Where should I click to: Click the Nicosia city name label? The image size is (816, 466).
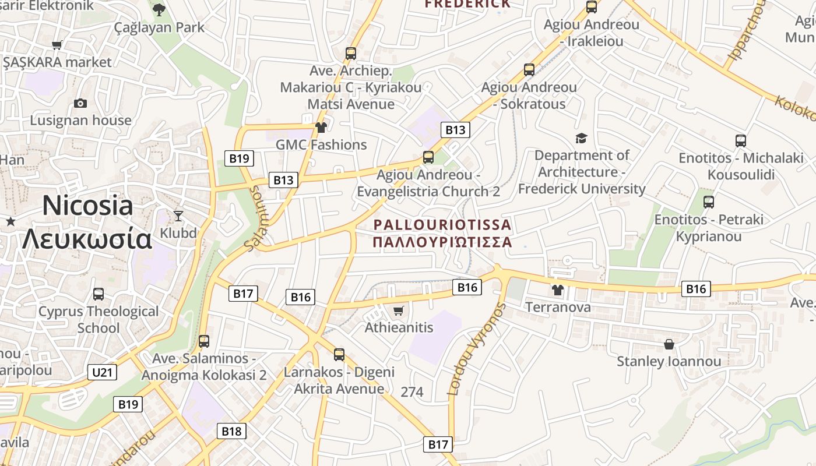[x=87, y=222]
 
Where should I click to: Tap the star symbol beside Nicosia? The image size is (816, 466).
[x=10, y=221]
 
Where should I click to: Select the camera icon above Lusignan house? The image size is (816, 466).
[x=80, y=103]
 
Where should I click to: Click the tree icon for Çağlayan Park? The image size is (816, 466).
[x=159, y=9]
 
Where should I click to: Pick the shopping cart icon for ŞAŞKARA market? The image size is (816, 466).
[x=57, y=45]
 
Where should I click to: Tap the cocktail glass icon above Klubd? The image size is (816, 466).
[x=178, y=216]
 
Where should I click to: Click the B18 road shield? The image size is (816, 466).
[x=231, y=431]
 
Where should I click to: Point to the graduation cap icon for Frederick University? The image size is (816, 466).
[x=581, y=138]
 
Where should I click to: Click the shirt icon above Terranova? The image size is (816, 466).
[x=558, y=290]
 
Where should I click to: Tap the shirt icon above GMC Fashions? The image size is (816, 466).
[x=321, y=128]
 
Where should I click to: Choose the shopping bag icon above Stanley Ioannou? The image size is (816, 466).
[x=669, y=344]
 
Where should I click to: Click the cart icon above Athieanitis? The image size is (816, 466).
[x=399, y=310]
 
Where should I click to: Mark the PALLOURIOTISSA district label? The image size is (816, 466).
[x=442, y=233]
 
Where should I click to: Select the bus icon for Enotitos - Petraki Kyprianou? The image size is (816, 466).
[x=708, y=202]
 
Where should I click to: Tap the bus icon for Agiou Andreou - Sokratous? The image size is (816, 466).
[x=529, y=70]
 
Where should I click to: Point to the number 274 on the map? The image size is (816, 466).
[x=412, y=392]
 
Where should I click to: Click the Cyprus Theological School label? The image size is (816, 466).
[x=99, y=320]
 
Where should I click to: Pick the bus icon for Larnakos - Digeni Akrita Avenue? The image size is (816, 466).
[x=339, y=354]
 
